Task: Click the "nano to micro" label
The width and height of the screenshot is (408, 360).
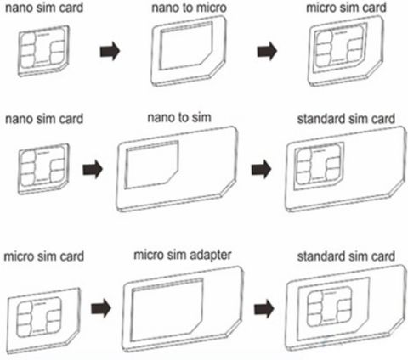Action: [x=189, y=8]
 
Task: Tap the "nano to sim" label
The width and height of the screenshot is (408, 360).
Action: [x=179, y=117]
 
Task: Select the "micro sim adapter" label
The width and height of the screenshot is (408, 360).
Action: [x=183, y=256]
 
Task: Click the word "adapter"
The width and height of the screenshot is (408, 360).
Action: [x=211, y=256]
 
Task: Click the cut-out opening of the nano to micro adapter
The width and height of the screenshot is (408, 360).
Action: [x=185, y=46]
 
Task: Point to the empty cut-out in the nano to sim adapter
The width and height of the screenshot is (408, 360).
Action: [x=152, y=165]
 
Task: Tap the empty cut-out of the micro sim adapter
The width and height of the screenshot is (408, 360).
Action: [x=167, y=310]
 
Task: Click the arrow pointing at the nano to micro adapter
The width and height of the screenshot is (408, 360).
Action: [x=110, y=51]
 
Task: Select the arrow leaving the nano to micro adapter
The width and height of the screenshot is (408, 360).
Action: [x=267, y=51]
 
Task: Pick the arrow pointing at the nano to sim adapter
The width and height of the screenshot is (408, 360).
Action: [x=93, y=169]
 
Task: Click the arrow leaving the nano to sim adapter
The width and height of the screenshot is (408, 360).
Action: [x=261, y=169]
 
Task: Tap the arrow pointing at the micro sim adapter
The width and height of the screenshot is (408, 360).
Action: [x=101, y=308]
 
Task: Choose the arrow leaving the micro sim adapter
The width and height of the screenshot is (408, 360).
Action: [x=264, y=308]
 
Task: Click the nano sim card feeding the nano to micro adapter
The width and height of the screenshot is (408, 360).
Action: [x=43, y=51]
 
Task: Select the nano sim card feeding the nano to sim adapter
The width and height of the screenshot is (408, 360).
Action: [x=43, y=169]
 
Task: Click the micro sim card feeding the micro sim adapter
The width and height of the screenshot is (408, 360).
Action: [x=43, y=321]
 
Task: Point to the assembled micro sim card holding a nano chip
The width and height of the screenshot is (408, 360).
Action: [x=346, y=51]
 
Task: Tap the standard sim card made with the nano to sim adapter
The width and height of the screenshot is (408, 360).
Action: [x=346, y=169]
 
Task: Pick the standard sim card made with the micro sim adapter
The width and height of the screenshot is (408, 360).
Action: [x=346, y=308]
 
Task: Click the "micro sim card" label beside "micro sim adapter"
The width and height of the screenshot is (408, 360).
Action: [x=44, y=256]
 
